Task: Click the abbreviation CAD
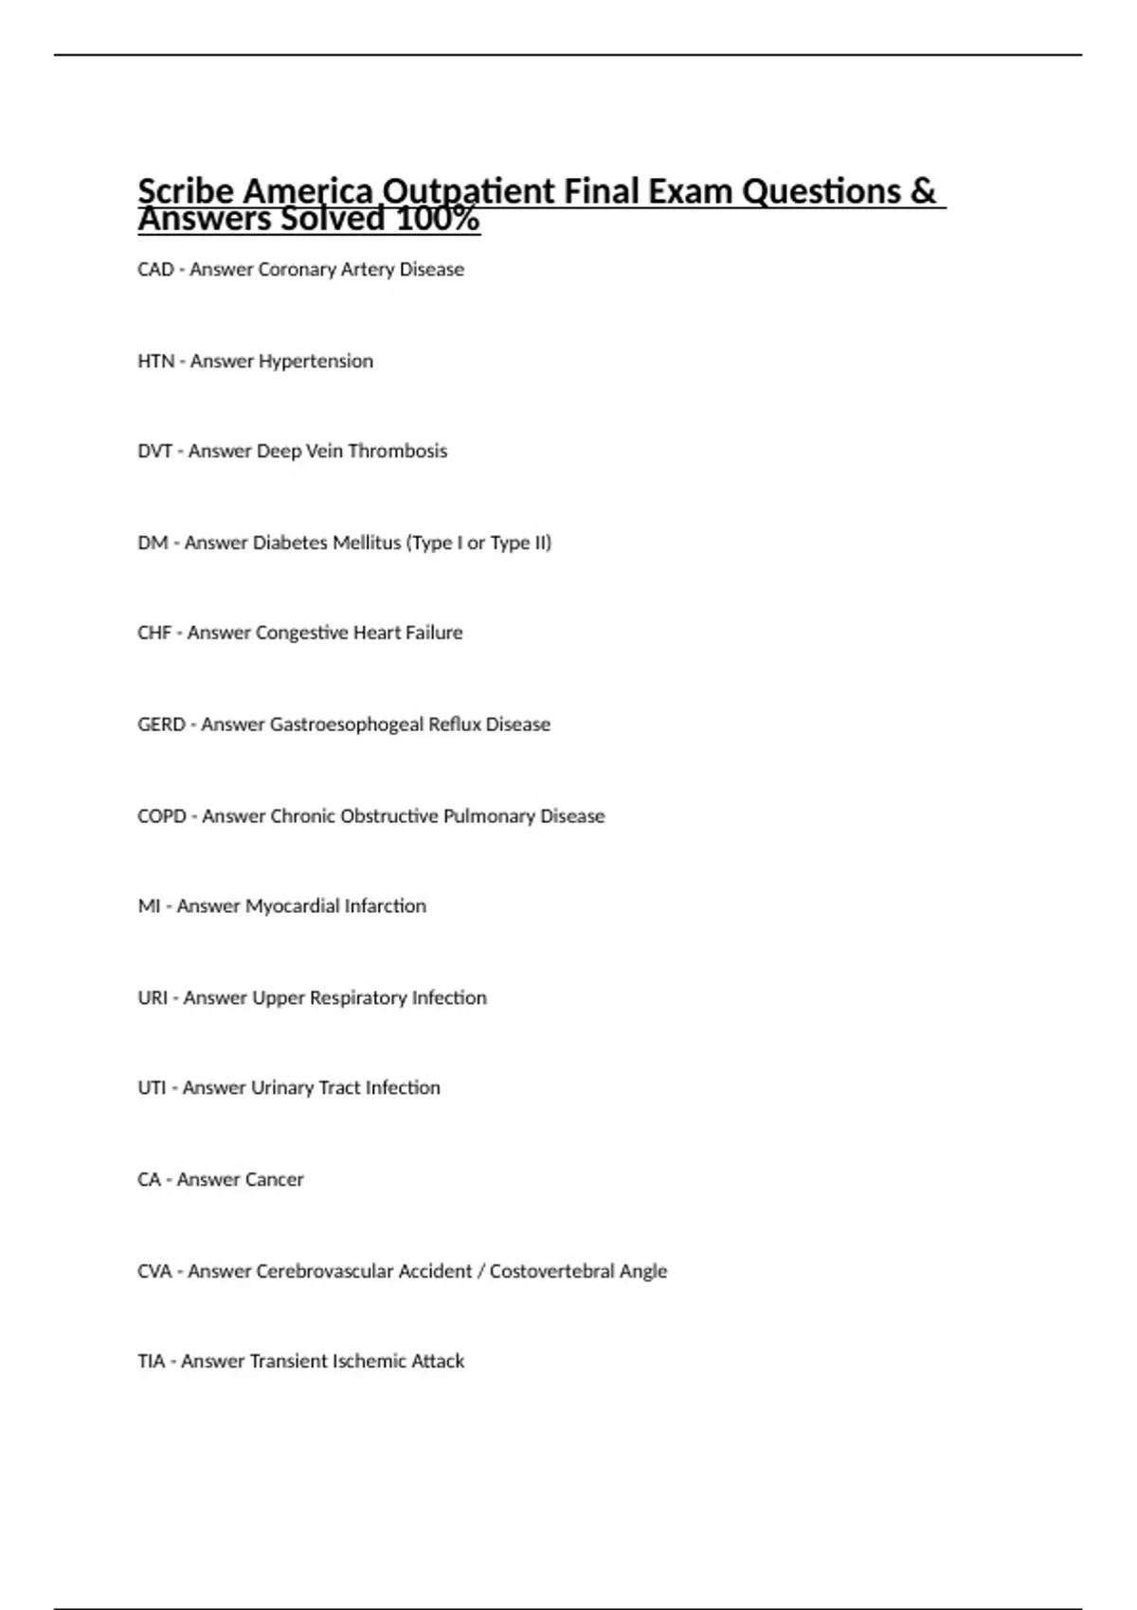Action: pyautogui.click(x=155, y=270)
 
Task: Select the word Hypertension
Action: pyautogui.click(x=316, y=362)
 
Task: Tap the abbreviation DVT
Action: pyautogui.click(x=154, y=452)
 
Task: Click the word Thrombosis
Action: pyautogui.click(x=397, y=452)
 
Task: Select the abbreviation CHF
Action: pyautogui.click(x=154, y=633)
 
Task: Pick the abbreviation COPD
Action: pyautogui.click(x=162, y=816)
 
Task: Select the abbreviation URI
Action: pyautogui.click(x=153, y=998)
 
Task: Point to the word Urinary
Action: pyautogui.click(x=280, y=1088)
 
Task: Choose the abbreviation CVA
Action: pyautogui.click(x=154, y=1272)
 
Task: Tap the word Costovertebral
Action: pyautogui.click(x=551, y=1272)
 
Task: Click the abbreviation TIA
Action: pyautogui.click(x=151, y=1362)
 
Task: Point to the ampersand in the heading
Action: pyautogui.click(x=922, y=191)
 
